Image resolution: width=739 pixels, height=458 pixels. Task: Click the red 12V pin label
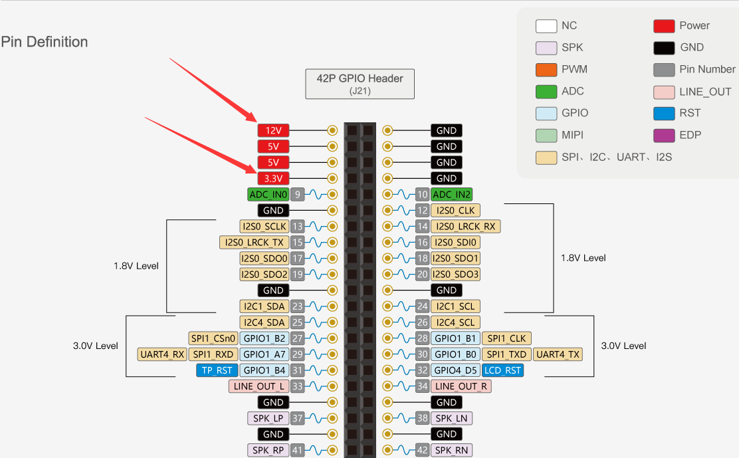pyautogui.click(x=273, y=130)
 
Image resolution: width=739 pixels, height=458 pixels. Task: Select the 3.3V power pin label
pyautogui.click(x=273, y=179)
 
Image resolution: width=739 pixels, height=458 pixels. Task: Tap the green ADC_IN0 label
pyautogui.click(x=268, y=195)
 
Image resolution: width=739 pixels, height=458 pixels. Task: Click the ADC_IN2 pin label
pyautogui.click(x=451, y=195)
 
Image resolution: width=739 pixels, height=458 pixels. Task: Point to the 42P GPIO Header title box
pyautogui.click(x=360, y=84)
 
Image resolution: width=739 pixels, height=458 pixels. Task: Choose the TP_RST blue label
pyautogui.click(x=217, y=370)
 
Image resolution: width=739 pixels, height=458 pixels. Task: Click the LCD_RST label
pyautogui.click(x=503, y=370)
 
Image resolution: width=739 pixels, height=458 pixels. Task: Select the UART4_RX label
pyautogui.click(x=162, y=354)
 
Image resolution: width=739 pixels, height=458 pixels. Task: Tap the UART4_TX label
pyautogui.click(x=558, y=354)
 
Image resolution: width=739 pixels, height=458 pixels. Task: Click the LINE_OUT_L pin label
pyautogui.click(x=259, y=386)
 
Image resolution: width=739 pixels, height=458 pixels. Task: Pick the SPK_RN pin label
pyautogui.click(x=451, y=450)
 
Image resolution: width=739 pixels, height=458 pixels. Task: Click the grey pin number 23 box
pyautogui.click(x=297, y=306)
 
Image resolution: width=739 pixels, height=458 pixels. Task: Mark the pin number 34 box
pyautogui.click(x=422, y=386)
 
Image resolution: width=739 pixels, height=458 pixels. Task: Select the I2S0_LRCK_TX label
pyautogui.click(x=254, y=242)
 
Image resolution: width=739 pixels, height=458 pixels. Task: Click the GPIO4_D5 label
pyautogui.click(x=455, y=370)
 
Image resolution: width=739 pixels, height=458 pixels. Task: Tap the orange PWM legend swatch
pyautogui.click(x=546, y=70)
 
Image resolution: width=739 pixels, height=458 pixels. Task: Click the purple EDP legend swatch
pyautogui.click(x=664, y=135)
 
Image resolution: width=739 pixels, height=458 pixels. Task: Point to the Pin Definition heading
pyautogui.click(x=45, y=42)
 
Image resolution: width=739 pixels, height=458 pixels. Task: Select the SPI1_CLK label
pyautogui.click(x=506, y=338)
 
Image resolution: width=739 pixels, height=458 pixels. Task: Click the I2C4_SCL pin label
pyautogui.click(x=455, y=322)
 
